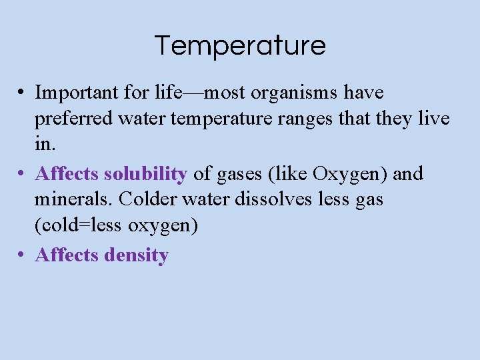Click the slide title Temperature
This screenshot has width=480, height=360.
(240, 45)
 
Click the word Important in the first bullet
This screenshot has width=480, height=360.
(75, 92)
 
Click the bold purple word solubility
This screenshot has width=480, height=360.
(145, 174)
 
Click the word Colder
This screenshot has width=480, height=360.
(144, 199)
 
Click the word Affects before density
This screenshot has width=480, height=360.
(67, 255)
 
